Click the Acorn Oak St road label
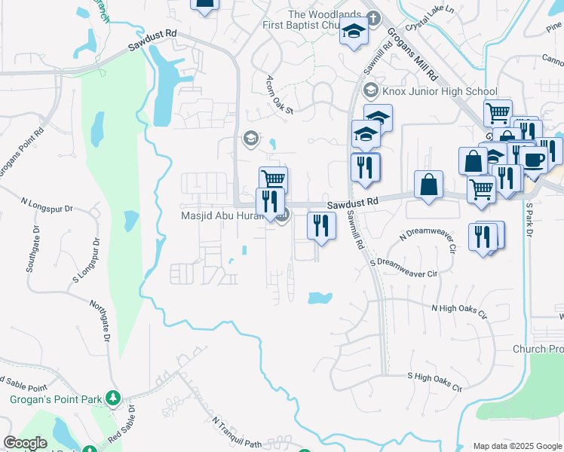coord(278,94)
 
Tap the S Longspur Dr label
coord(87,261)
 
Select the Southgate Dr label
coord(34,250)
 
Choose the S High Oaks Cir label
coord(434,380)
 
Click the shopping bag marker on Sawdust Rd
coord(428,185)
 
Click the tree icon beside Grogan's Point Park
coord(113,397)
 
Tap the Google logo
coord(25,443)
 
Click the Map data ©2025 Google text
coord(517,446)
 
